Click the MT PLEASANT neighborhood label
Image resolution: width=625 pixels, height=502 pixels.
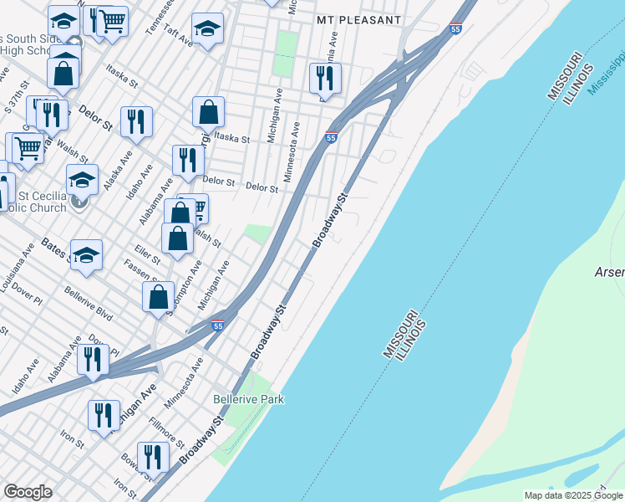[x=358, y=18]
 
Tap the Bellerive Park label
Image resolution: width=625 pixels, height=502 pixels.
[x=248, y=399]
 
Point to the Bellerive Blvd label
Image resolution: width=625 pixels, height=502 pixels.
[x=88, y=305]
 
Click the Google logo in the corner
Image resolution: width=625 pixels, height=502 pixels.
[x=28, y=492]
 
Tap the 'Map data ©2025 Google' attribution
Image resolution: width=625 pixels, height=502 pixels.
[x=573, y=495]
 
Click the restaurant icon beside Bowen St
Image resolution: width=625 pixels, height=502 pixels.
[x=153, y=456]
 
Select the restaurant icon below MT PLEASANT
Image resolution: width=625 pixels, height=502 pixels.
[x=324, y=78]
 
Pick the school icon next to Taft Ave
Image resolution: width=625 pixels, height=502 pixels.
[x=207, y=28]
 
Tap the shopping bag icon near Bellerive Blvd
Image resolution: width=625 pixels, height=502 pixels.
[x=158, y=296]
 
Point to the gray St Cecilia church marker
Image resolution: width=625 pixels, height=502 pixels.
[x=79, y=201]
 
